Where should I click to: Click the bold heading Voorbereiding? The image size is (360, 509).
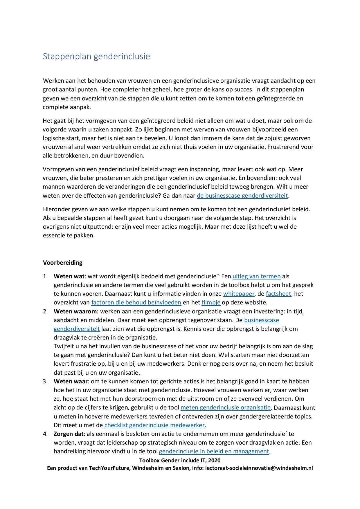(x=63, y=263)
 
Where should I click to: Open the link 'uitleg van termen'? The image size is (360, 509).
(x=256, y=276)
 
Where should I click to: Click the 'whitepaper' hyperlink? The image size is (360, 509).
(x=239, y=294)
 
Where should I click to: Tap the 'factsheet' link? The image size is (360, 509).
(x=278, y=294)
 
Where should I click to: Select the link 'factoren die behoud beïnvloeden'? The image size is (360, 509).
(x=136, y=302)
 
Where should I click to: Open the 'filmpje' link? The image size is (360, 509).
(x=211, y=302)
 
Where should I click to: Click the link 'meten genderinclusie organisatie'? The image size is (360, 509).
(x=226, y=407)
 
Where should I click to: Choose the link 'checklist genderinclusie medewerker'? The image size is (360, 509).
(x=154, y=425)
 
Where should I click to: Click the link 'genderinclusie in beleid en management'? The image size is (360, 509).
(x=214, y=451)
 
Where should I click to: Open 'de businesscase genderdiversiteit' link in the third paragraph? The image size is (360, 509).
(x=242, y=196)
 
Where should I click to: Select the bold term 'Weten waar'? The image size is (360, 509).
(x=71, y=381)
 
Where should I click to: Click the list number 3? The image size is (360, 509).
(x=45, y=381)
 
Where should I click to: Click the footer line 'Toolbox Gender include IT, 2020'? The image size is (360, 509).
(x=180, y=460)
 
